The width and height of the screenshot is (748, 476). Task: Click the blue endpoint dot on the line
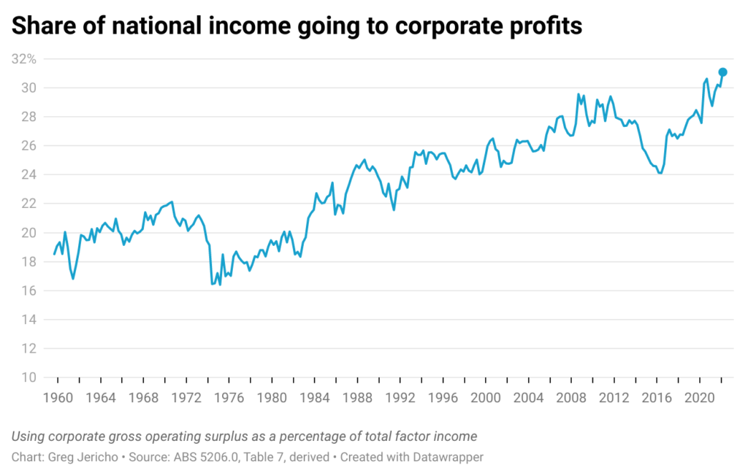pos(722,72)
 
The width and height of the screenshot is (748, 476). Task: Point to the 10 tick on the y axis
pos(28,377)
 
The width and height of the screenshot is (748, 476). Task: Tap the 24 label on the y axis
pos(28,174)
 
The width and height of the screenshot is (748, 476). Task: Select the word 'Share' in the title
pos(42,26)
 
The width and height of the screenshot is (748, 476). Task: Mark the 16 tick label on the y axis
pos(28,291)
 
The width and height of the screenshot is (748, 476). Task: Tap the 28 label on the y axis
pos(28,117)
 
